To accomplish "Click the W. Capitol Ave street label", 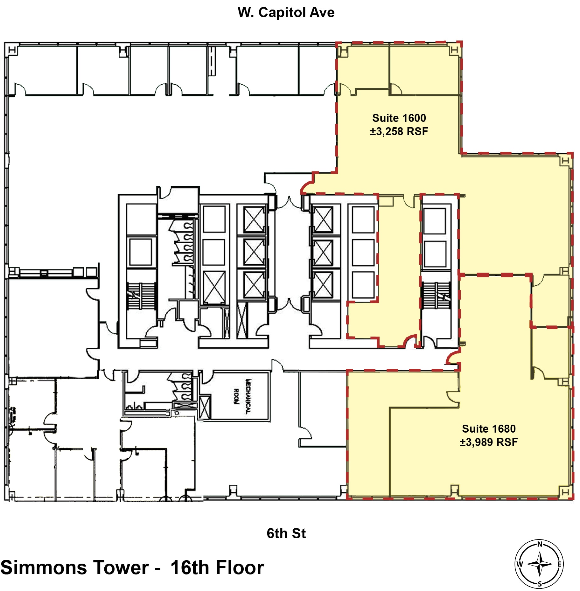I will click(286, 12).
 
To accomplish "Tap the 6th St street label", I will click(286, 533).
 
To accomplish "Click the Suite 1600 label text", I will click(399, 118).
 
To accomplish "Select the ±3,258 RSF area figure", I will click(399, 131).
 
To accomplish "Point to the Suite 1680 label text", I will click(488, 428).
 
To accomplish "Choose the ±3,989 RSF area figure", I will click(488, 442).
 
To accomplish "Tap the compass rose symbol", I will click(539, 564).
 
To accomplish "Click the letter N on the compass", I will click(539, 544).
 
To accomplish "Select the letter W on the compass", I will click(520, 564).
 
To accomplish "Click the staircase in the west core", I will click(141, 296).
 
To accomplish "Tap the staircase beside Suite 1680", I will click(436, 295).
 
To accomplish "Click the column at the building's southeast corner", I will click(564, 492).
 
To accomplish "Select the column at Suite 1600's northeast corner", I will click(454, 50).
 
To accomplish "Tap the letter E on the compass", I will click(559, 564).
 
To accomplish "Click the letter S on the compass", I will click(539, 584).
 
